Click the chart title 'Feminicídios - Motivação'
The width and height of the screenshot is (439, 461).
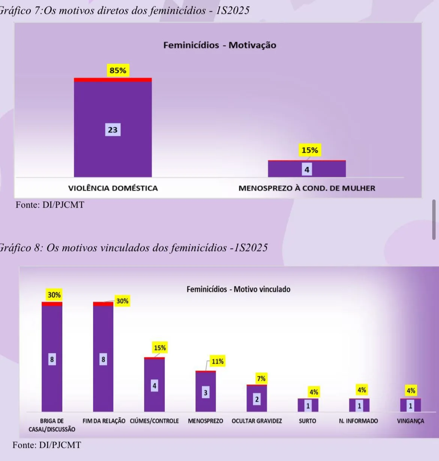219,45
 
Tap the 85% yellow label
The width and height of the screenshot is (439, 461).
118,70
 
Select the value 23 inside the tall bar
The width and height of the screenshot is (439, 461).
113,130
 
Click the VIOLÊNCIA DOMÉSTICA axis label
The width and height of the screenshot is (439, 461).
113,188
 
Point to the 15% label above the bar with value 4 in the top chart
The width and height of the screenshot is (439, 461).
310,150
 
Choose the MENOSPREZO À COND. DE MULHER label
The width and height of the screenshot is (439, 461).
307,188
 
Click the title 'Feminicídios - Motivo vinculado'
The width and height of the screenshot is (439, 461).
238,289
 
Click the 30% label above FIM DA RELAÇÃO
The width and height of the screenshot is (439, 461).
122,301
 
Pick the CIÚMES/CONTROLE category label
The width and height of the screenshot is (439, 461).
154,421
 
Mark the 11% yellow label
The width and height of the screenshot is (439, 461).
217,361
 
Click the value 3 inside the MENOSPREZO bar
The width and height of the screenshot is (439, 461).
205,393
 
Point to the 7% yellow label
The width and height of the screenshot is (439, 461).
261,379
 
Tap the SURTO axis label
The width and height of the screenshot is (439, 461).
307,421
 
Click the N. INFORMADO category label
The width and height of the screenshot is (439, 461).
358,421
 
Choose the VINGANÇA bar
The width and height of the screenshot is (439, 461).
410,405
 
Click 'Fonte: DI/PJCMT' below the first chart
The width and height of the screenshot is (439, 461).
50,205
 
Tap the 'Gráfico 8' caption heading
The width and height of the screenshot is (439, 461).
133,248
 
